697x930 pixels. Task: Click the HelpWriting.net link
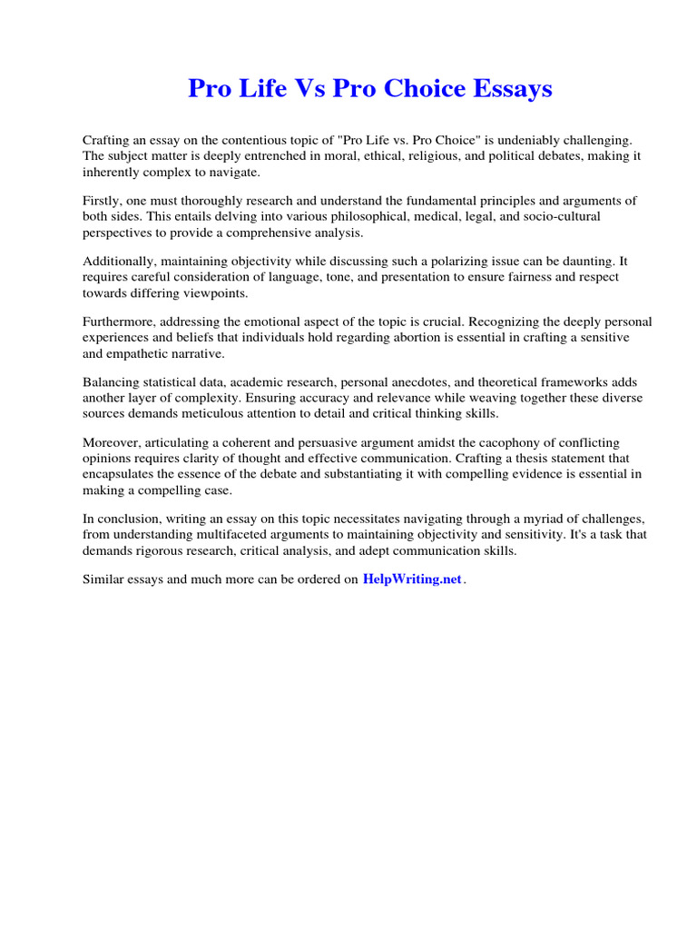(412, 579)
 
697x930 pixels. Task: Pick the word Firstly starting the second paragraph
(102, 201)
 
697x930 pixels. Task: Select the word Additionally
(118, 261)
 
